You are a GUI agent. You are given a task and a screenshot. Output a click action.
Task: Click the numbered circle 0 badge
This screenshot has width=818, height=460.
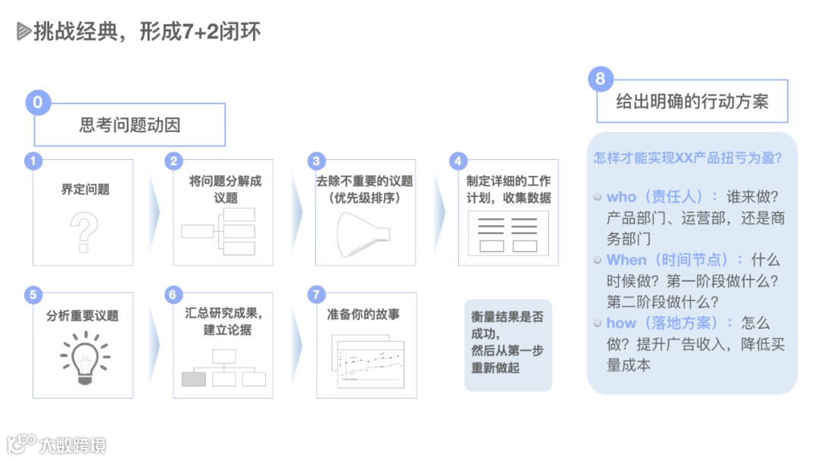click(x=38, y=102)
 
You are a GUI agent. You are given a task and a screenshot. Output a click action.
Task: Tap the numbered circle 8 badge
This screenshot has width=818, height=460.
click(x=601, y=79)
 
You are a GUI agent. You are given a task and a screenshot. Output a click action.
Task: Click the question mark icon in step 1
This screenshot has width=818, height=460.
click(x=84, y=232)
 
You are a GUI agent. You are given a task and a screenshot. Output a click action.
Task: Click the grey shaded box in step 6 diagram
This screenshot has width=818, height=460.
click(x=194, y=378)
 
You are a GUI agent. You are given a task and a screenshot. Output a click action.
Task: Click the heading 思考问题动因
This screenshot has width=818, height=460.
click(x=130, y=124)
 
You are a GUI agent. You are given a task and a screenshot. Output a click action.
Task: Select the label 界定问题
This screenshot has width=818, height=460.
click(x=85, y=189)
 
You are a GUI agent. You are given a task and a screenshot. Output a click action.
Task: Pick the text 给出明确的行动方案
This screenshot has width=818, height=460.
click(x=692, y=102)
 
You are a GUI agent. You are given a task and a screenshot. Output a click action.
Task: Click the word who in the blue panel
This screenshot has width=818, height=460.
click(x=622, y=197)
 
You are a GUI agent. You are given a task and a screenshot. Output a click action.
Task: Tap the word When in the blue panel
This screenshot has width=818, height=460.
click(x=626, y=260)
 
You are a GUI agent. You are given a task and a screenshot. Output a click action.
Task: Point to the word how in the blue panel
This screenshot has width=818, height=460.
click(x=621, y=323)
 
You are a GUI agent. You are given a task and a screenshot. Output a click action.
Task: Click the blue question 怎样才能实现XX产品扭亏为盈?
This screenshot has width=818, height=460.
click(x=688, y=159)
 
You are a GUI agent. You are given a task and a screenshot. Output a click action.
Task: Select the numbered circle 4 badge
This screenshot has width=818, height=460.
click(x=457, y=161)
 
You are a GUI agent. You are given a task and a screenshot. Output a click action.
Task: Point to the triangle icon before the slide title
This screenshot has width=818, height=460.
click(x=23, y=31)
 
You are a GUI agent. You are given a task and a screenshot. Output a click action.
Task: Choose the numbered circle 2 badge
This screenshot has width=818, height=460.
click(x=174, y=161)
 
